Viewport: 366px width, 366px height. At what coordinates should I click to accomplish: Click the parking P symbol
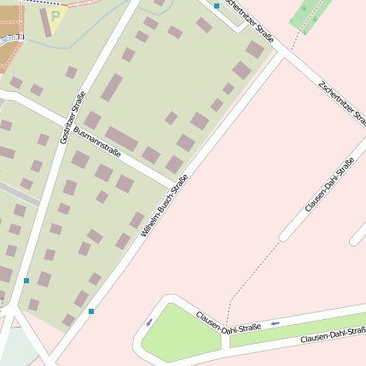[x=56, y=15]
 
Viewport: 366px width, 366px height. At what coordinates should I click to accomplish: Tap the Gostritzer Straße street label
[x=73, y=116]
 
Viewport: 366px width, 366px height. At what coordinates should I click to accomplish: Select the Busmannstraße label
[x=97, y=142]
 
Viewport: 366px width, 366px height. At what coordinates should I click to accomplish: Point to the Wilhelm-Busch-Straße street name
[x=164, y=205]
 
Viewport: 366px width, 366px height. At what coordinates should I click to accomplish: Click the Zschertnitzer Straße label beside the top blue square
[x=250, y=19]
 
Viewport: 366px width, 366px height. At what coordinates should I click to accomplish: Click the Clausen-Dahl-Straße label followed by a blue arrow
[x=228, y=322]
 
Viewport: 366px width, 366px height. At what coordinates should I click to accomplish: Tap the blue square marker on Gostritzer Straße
[x=26, y=280]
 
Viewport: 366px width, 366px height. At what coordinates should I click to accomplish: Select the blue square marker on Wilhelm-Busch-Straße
[x=91, y=311]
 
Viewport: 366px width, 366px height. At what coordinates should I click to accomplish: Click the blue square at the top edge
[x=217, y=6]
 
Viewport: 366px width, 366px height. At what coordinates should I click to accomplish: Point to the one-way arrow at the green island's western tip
[x=150, y=322]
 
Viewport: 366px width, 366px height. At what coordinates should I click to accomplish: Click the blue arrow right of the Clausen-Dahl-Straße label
[x=275, y=323]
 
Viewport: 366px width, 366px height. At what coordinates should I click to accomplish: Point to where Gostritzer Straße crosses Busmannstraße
[x=63, y=123]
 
